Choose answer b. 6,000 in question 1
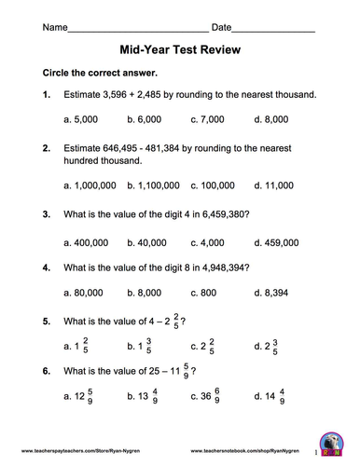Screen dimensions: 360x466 (x=148, y=119)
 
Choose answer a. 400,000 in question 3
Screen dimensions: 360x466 (x=86, y=241)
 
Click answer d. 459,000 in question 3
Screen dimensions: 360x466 (x=276, y=241)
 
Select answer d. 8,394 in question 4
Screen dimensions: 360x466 (x=271, y=293)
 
